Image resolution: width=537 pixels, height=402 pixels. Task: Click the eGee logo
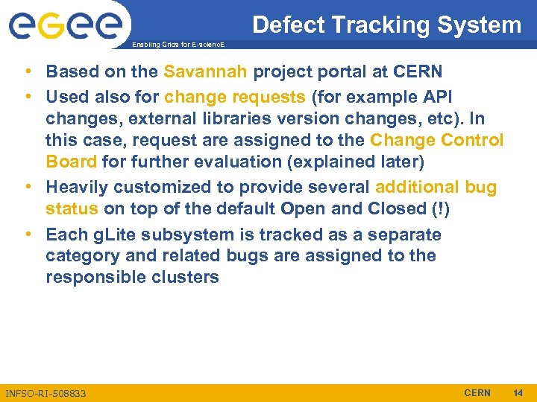pyautogui.click(x=65, y=25)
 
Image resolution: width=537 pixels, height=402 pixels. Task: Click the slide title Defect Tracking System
pyautogui.click(x=387, y=25)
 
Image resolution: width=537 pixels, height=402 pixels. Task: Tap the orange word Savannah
pyautogui.click(x=206, y=72)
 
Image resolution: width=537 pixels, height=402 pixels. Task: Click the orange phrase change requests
pyautogui.click(x=235, y=98)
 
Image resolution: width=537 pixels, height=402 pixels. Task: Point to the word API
pyautogui.click(x=438, y=98)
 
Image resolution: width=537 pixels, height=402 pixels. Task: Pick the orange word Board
pyautogui.click(x=71, y=162)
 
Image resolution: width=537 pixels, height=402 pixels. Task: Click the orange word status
pyautogui.click(x=72, y=208)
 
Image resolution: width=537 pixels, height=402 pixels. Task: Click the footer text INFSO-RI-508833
pyautogui.click(x=45, y=393)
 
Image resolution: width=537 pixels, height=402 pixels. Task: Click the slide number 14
pyautogui.click(x=518, y=392)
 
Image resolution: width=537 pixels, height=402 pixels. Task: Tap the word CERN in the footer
pyautogui.click(x=477, y=392)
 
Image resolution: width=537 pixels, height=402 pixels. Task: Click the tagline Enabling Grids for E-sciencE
pyautogui.click(x=177, y=45)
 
